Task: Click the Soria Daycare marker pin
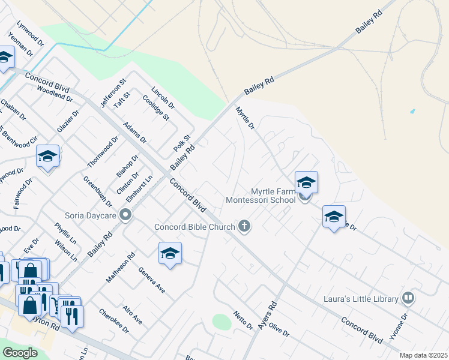coord(125,215)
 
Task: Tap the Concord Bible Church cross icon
coord(244,226)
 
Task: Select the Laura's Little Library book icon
coord(408,298)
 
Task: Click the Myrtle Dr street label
coord(245,118)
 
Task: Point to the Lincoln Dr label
coord(163,97)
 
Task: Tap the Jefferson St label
coord(114,93)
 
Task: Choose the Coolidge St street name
coord(155,107)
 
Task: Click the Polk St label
coord(182,143)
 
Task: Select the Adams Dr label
coord(134,133)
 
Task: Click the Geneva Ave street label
coord(151,280)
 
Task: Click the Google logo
coord(20,353)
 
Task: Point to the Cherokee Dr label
coord(114,321)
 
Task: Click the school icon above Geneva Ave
coord(170,254)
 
